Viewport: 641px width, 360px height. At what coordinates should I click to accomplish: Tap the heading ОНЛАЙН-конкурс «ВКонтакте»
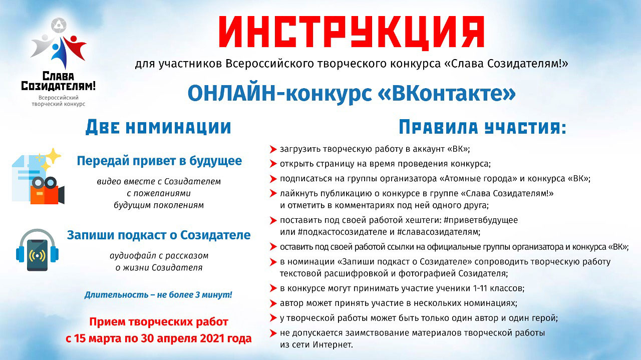pyautogui.click(x=351, y=94)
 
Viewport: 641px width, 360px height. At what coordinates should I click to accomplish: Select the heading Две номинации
pyautogui.click(x=158, y=128)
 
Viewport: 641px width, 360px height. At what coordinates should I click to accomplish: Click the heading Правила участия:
pyautogui.click(x=482, y=128)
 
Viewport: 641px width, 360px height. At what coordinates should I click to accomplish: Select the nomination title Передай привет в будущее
pyautogui.click(x=159, y=161)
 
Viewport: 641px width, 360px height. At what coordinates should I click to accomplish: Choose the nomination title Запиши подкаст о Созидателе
pyautogui.click(x=159, y=235)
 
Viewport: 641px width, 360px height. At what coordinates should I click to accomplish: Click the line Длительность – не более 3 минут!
pyautogui.click(x=158, y=294)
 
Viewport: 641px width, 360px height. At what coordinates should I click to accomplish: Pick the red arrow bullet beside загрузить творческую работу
pyautogui.click(x=273, y=149)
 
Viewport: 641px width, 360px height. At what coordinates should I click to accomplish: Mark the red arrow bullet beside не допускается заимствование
pyautogui.click(x=273, y=333)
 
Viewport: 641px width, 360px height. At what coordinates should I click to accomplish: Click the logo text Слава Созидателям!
pyautogui.click(x=58, y=81)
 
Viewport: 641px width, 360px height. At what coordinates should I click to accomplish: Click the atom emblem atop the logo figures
pyautogui.click(x=59, y=27)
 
